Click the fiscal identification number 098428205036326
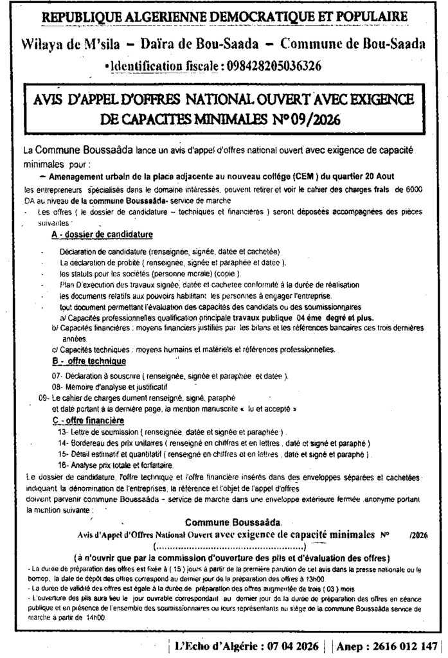[x=273, y=66]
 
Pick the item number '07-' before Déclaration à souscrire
[x=57, y=375]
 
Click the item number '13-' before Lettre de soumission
[x=62, y=432]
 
